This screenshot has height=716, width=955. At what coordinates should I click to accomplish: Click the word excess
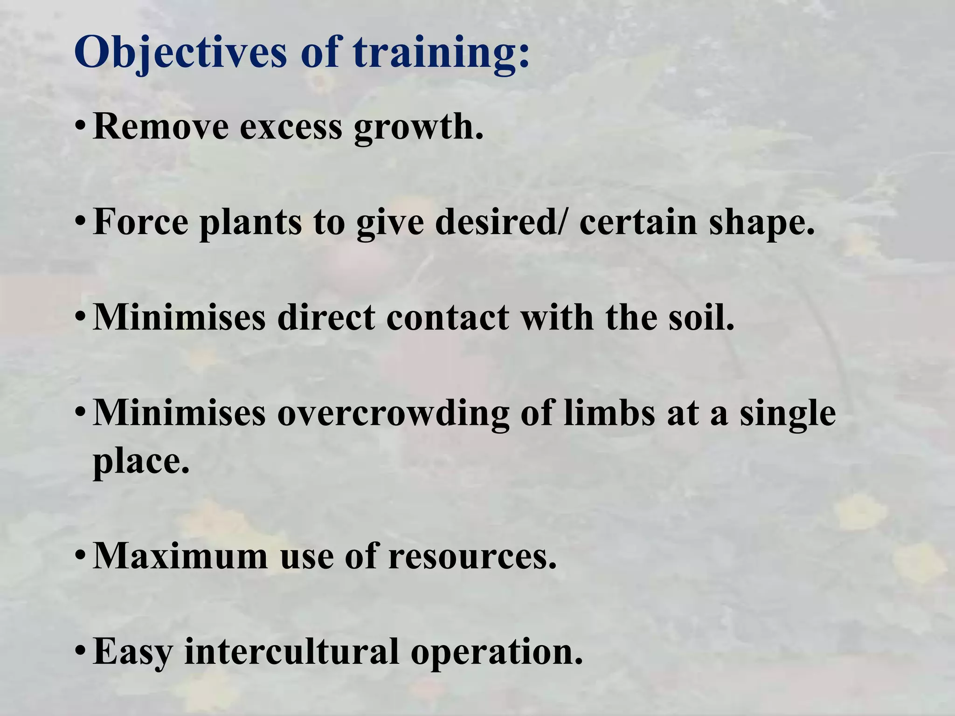(291, 127)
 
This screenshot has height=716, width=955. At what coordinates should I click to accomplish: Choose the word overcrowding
(393, 414)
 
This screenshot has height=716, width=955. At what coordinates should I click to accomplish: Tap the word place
(141, 462)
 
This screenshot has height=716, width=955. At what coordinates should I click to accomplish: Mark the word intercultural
(291, 651)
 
